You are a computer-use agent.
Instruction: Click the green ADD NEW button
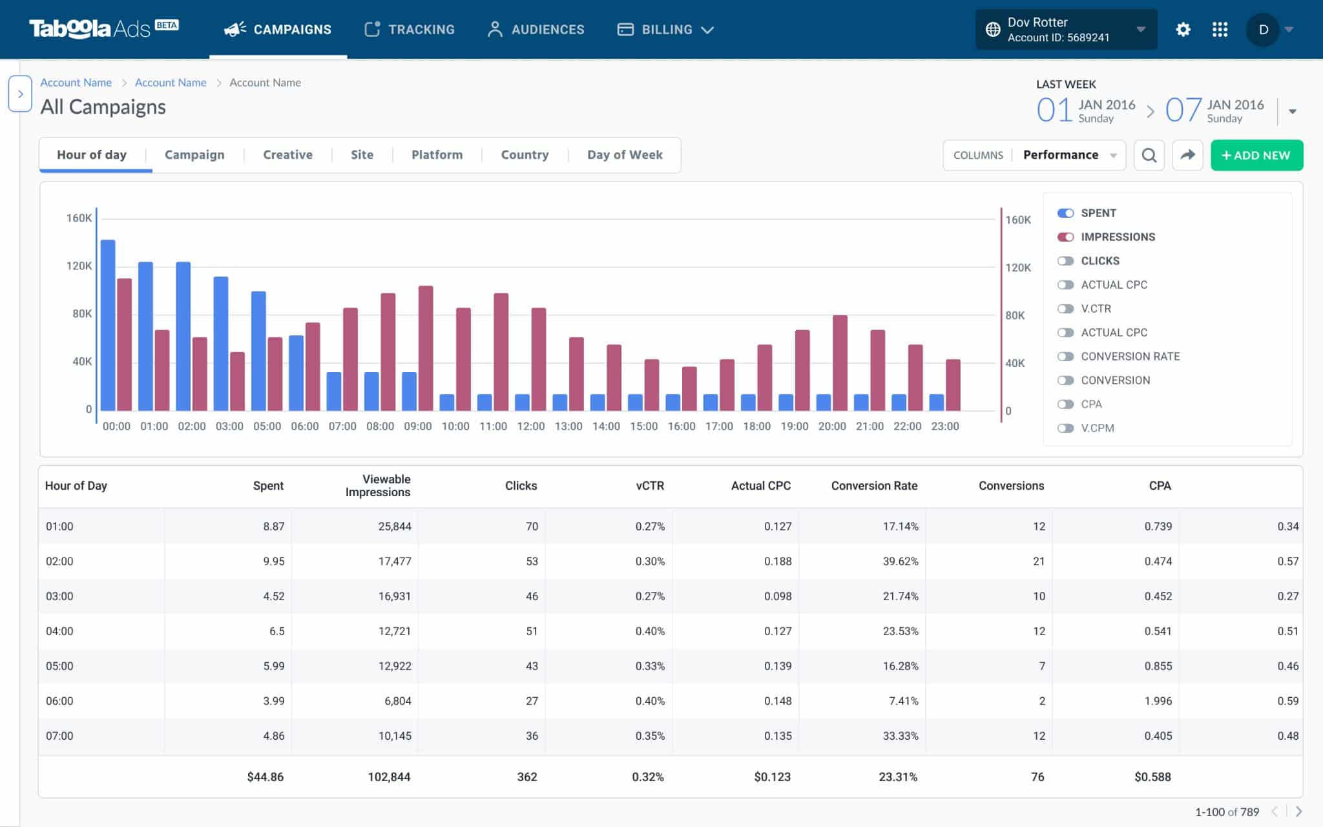(1256, 155)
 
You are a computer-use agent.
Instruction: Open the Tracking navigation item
(410, 30)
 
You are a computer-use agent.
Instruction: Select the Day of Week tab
(625, 155)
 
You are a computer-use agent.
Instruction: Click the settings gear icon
(1183, 30)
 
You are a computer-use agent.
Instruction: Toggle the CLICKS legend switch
(1065, 261)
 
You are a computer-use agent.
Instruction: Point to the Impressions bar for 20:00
(840, 362)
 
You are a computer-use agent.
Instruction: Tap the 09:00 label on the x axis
(417, 426)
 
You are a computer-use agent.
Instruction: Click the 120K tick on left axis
(79, 266)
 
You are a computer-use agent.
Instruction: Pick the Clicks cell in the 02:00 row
(531, 561)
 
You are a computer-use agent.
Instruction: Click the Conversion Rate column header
(873, 486)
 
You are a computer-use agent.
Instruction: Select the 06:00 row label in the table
(59, 701)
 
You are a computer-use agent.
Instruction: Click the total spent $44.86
(265, 777)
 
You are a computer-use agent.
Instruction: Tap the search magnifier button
(1149, 155)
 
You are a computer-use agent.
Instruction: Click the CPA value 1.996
(1158, 701)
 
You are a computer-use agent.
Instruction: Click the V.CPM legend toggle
(1065, 428)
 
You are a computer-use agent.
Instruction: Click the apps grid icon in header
(1220, 30)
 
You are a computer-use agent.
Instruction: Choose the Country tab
(525, 155)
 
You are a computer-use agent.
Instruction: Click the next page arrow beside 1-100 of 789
(1298, 811)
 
